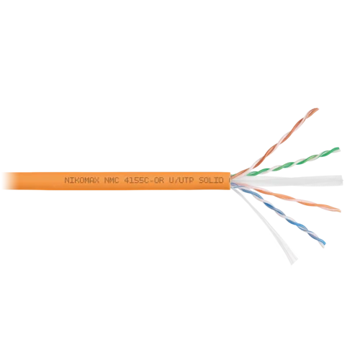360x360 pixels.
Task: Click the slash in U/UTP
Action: (179, 179)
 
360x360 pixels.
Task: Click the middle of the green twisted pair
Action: (292, 161)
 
